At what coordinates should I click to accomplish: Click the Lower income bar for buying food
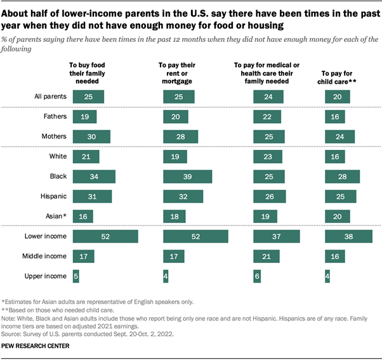point(105,236)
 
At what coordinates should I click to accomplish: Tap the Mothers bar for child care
point(339,136)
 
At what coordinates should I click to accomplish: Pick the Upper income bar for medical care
point(257,277)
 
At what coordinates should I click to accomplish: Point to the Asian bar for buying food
point(83,217)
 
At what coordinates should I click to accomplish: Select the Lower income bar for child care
point(348,236)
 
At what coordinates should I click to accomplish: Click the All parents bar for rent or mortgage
point(178,97)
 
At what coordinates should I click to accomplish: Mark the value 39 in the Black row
point(187,176)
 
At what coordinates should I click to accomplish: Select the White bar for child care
point(334,156)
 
